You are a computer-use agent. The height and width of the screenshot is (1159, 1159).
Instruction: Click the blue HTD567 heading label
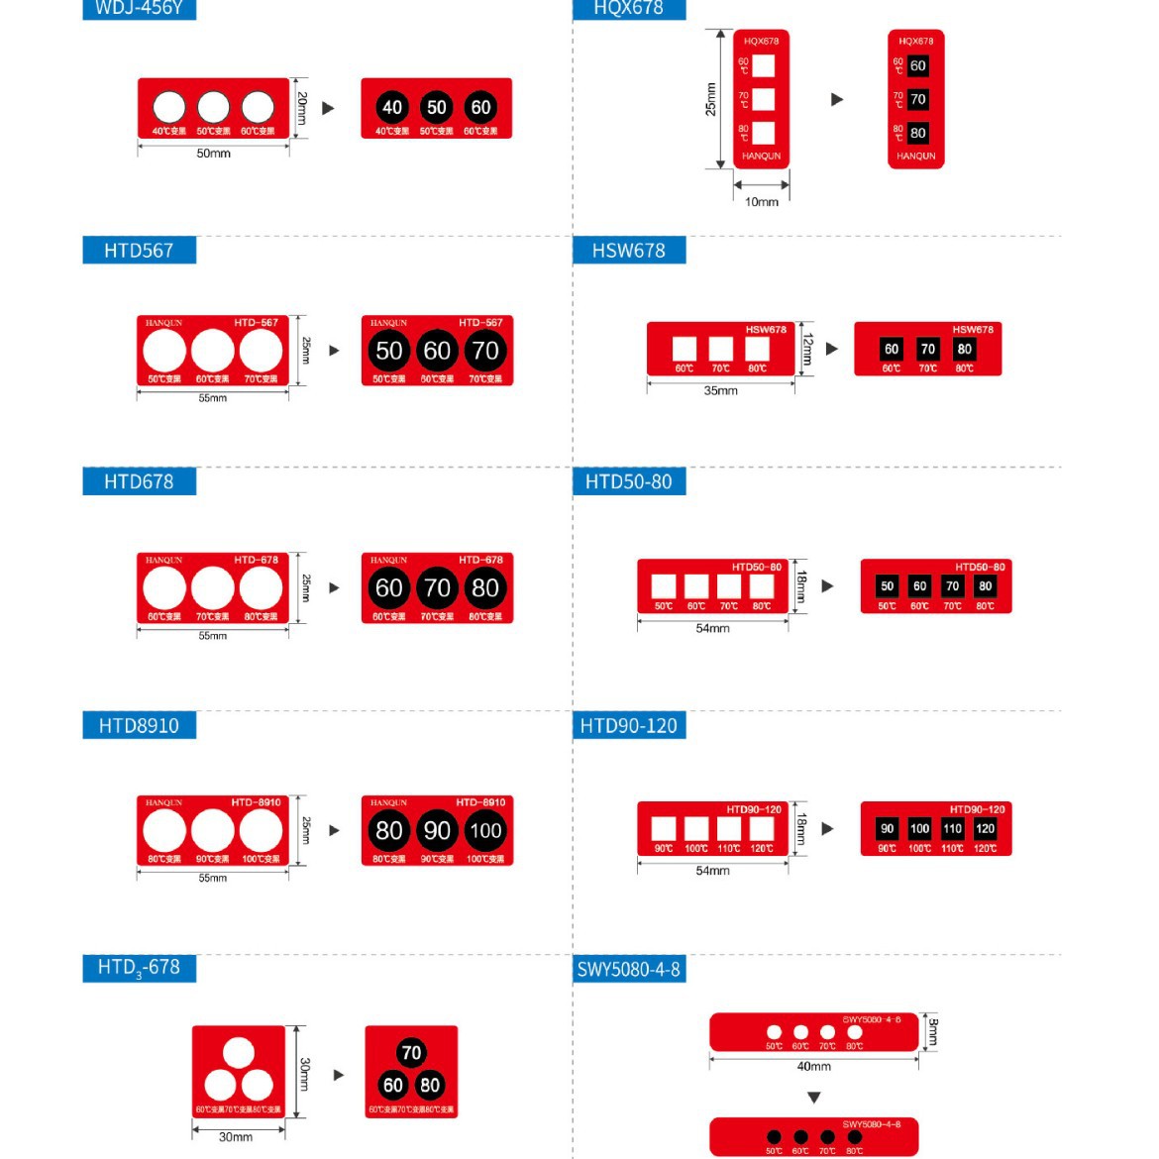(x=139, y=251)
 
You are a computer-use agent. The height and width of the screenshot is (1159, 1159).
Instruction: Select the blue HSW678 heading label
(x=628, y=251)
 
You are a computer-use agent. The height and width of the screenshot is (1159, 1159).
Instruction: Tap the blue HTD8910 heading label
(x=139, y=725)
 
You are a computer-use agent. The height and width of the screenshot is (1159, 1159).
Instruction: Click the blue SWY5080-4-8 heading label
(x=628, y=969)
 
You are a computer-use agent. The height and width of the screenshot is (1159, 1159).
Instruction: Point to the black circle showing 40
(x=392, y=107)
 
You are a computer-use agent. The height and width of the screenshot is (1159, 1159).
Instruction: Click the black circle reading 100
(x=485, y=830)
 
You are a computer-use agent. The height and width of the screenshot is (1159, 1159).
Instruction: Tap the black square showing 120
(x=985, y=828)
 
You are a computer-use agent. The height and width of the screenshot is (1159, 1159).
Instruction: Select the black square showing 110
(x=952, y=828)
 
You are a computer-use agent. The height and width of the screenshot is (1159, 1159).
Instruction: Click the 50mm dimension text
(x=213, y=154)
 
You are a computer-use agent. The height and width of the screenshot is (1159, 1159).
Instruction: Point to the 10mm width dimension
(x=761, y=202)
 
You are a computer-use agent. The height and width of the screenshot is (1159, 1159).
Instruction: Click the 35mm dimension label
(x=720, y=391)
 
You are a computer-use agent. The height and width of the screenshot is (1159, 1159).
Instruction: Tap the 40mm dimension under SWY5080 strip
(x=813, y=1067)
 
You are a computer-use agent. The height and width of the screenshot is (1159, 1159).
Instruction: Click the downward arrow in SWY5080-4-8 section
(x=813, y=1098)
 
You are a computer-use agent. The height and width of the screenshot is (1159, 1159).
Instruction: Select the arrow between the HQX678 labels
(x=837, y=99)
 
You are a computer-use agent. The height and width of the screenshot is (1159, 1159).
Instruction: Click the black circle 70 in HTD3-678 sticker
(x=411, y=1053)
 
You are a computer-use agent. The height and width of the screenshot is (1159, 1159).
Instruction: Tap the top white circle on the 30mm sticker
(x=238, y=1053)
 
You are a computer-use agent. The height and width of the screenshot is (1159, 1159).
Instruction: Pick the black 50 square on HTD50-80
(x=888, y=585)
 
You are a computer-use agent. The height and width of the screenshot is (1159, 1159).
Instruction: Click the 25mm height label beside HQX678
(x=710, y=99)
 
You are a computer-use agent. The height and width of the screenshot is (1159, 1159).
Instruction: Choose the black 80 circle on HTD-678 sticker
(x=485, y=587)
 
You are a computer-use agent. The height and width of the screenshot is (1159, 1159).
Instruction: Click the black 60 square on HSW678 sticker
(x=892, y=349)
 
